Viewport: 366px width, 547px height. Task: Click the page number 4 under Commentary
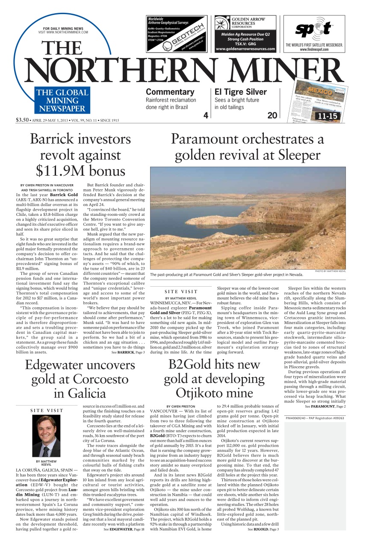[x=205, y=115]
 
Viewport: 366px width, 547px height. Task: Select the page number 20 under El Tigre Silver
[x=272, y=115]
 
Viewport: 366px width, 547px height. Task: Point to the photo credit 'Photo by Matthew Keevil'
[x=330, y=271]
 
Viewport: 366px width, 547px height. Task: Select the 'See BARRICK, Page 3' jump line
[x=128, y=352]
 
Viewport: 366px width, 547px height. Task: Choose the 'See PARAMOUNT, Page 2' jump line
[x=325, y=406]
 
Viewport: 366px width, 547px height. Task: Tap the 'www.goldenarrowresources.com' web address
[x=245, y=49]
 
